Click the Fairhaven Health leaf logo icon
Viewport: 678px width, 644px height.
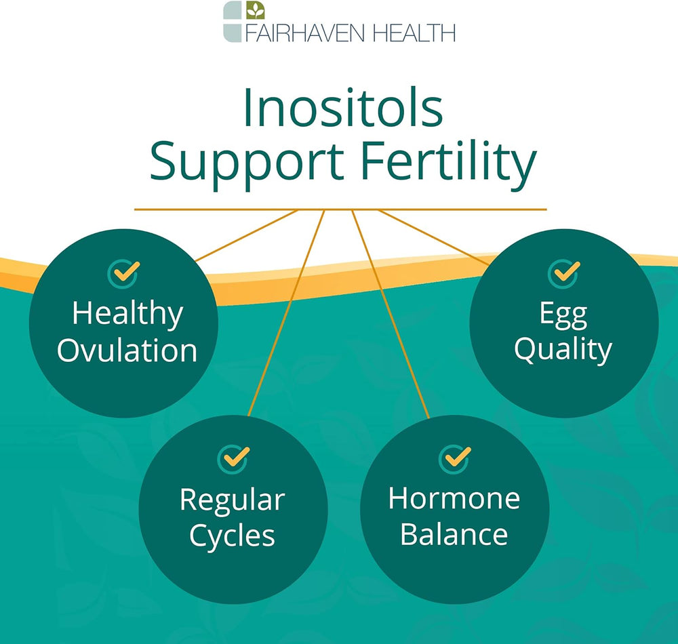pos(255,10)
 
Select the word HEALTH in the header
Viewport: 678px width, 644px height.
pos(414,33)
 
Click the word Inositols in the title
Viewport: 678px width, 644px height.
pos(343,108)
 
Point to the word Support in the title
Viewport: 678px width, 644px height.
pos(247,164)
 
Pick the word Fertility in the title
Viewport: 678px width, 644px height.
pos(449,164)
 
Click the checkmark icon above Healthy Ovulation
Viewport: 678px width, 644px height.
pos(123,273)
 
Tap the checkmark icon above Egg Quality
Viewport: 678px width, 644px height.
pos(564,273)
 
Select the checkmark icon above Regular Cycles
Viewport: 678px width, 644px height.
pos(233,459)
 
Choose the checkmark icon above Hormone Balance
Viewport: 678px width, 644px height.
pos(454,459)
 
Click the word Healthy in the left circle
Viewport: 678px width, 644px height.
pos(127,315)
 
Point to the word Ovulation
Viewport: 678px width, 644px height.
pos(127,350)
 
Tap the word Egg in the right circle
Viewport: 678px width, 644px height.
pos(563,315)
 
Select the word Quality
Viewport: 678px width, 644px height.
pos(563,350)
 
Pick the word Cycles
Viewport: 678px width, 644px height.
pos(232,537)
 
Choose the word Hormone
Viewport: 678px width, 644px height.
pos(454,498)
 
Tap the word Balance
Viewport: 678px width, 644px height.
pos(454,534)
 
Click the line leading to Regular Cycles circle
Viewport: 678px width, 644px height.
pos(286,313)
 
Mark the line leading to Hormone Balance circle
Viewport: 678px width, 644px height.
pos(391,314)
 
